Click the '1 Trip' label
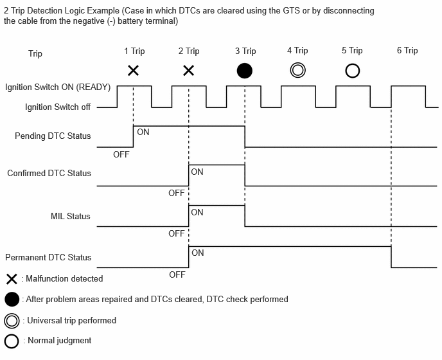(134, 51)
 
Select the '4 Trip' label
(297, 51)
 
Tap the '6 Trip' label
(407, 51)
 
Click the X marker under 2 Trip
(189, 71)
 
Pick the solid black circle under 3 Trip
(244, 71)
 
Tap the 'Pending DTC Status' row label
(53, 136)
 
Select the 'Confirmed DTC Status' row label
(49, 173)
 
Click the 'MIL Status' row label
(71, 216)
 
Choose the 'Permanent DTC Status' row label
(48, 257)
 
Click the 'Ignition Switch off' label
(58, 107)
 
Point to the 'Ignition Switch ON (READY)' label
(58, 87)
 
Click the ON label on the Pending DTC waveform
(143, 132)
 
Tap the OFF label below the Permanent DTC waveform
(177, 274)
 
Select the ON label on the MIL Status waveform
(197, 212)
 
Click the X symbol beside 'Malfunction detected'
(12, 279)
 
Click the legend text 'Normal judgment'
(60, 341)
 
